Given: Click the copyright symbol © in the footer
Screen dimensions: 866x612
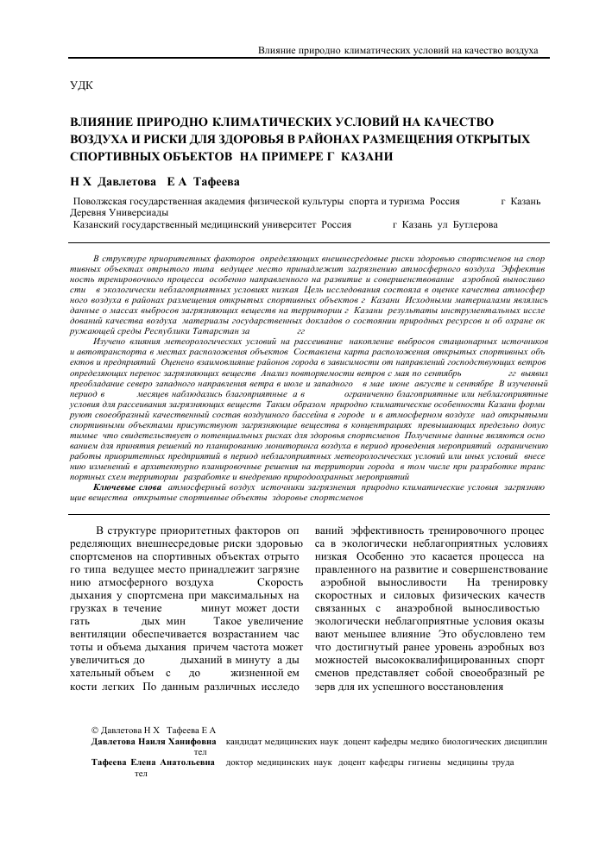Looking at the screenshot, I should click(96, 729).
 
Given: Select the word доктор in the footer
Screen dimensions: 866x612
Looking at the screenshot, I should click(243, 762).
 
